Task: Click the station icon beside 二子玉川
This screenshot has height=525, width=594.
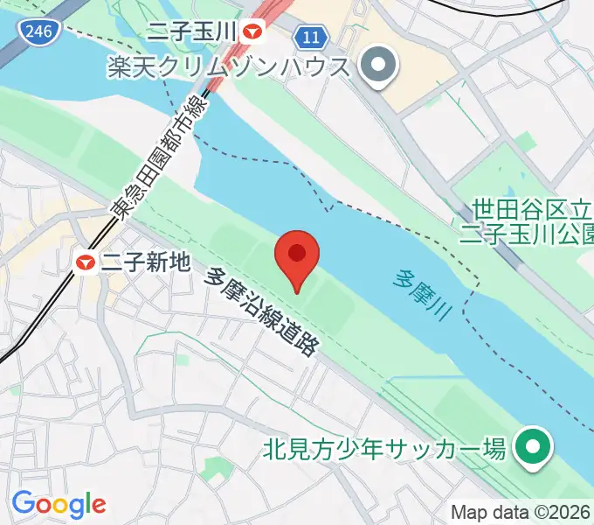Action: pyautogui.click(x=253, y=32)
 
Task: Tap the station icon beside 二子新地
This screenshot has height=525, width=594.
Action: pyautogui.click(x=86, y=260)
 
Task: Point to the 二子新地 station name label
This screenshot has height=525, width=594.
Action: pyautogui.click(x=145, y=260)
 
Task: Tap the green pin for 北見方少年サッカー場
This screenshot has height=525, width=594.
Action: pyautogui.click(x=529, y=449)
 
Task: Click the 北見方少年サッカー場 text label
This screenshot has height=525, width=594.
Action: pyautogui.click(x=384, y=451)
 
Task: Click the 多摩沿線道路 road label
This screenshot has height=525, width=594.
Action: pyautogui.click(x=260, y=311)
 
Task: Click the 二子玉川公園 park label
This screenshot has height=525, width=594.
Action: pyautogui.click(x=527, y=234)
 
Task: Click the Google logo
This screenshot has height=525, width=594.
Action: pyautogui.click(x=59, y=504)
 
